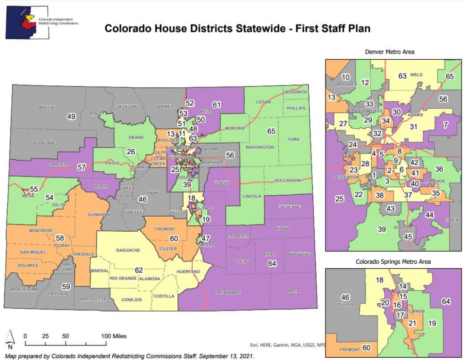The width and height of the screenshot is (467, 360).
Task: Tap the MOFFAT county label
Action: [47, 107]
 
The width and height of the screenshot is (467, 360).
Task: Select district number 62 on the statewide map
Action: [139, 270]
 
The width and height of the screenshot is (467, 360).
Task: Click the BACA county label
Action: [294, 291]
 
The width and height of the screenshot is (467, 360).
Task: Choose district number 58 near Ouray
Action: [59, 238]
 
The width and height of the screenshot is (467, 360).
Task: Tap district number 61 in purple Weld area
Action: [216, 105]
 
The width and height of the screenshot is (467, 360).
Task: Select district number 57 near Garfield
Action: [82, 167]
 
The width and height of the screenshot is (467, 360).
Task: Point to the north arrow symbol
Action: [10, 338]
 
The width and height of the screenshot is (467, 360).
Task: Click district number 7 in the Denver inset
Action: [446, 125]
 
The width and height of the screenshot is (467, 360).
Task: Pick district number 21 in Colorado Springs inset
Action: [412, 323]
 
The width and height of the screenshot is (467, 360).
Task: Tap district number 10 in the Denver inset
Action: [346, 77]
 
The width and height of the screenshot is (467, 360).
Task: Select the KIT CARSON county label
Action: [288, 180]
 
